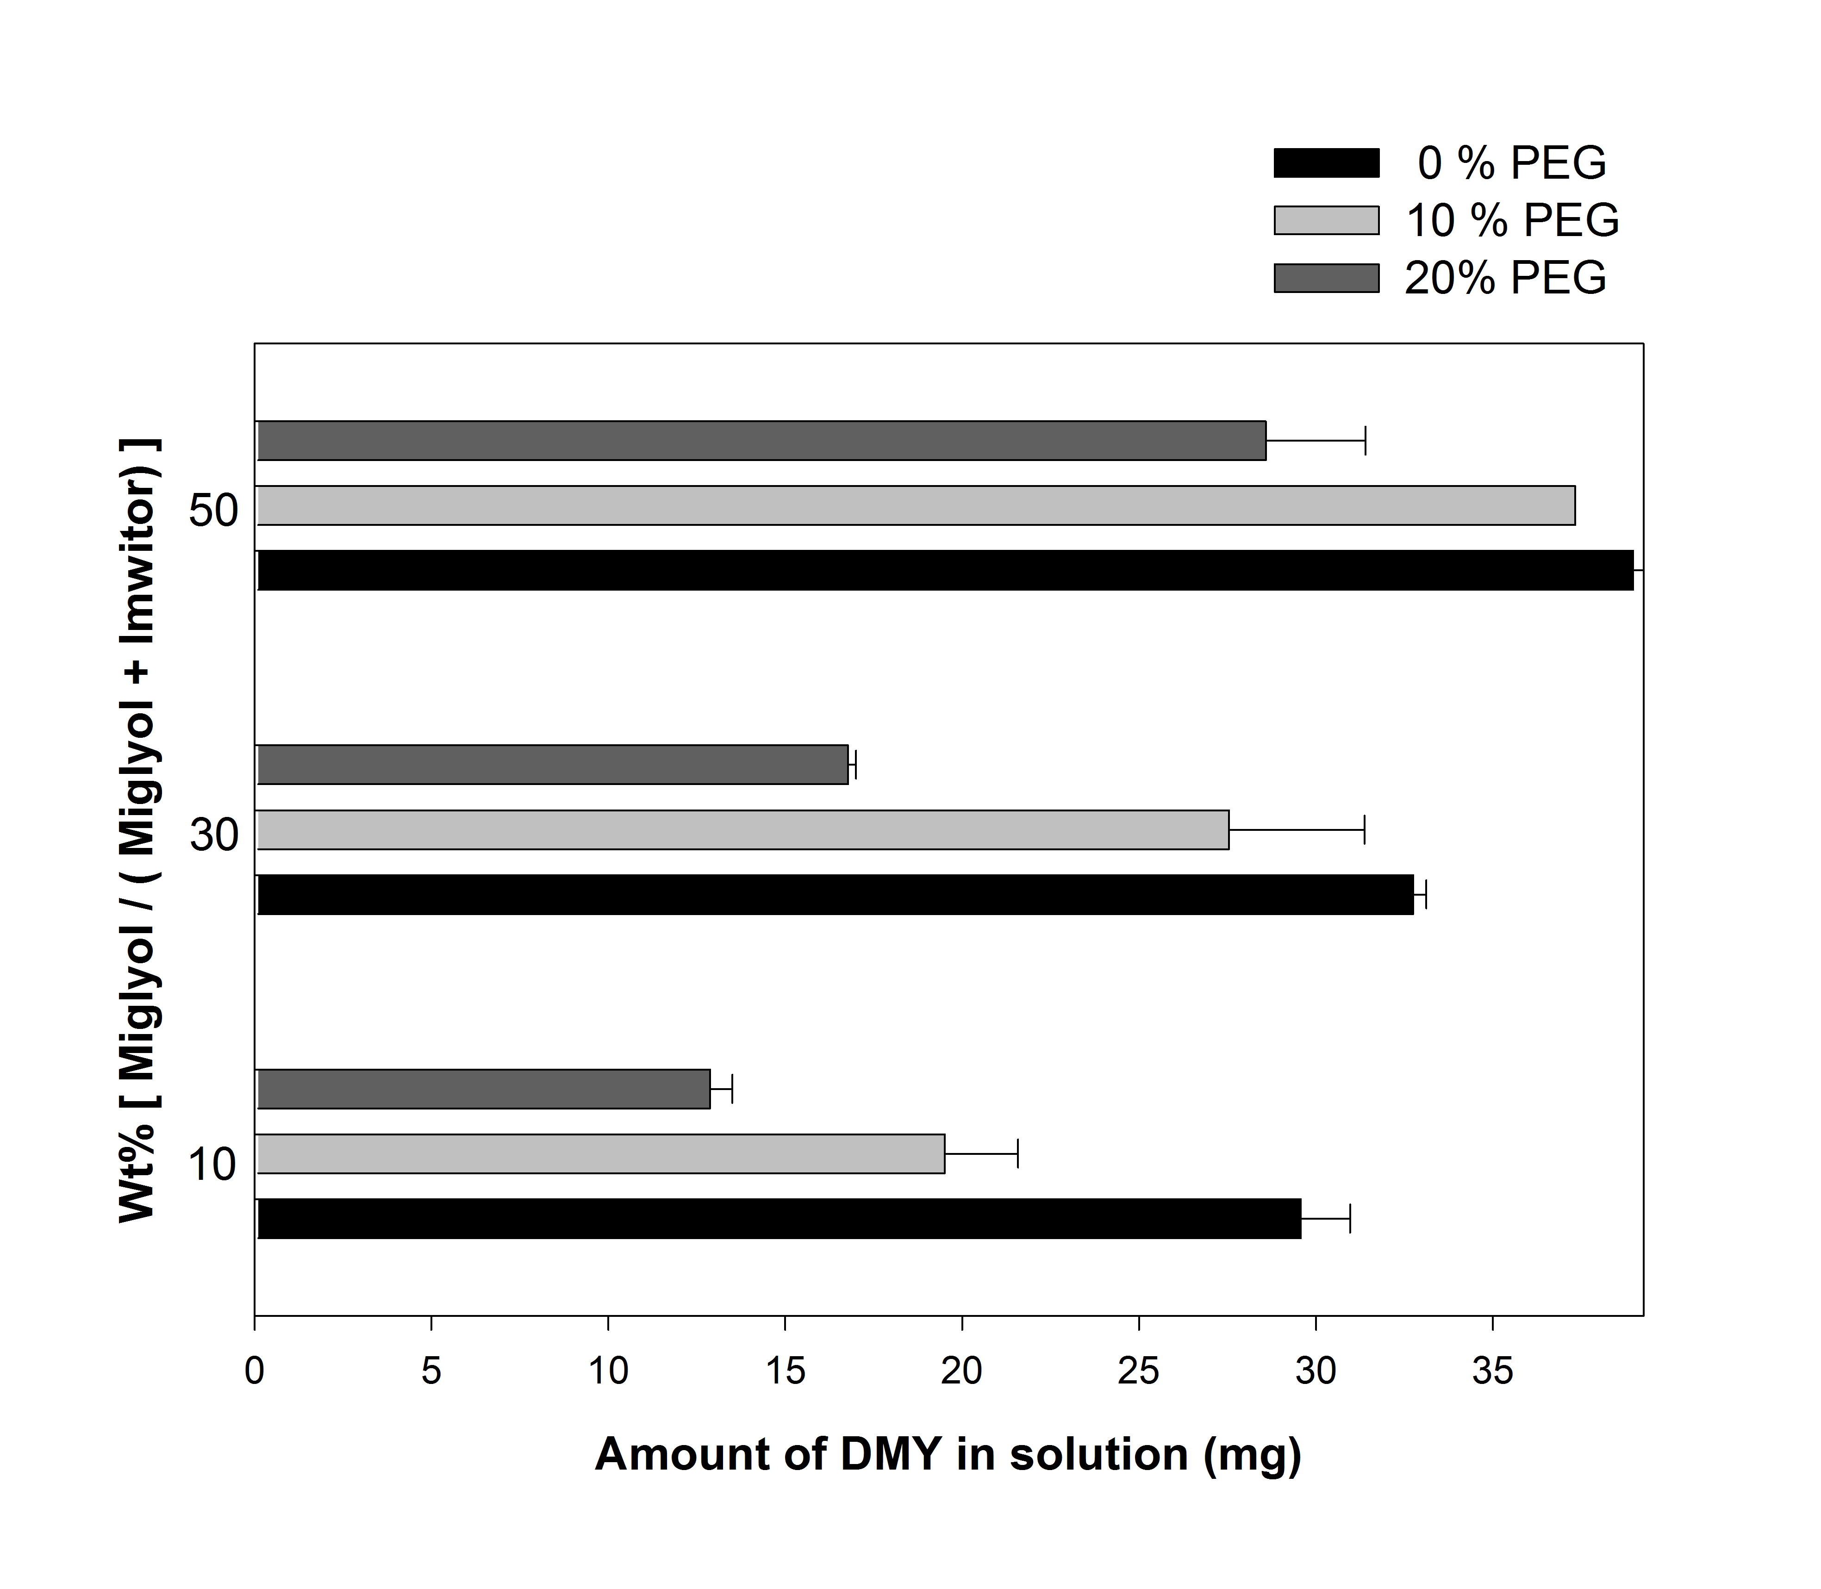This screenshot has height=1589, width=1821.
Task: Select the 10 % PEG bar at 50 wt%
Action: (915, 505)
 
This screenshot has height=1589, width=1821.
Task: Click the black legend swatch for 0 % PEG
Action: (1326, 163)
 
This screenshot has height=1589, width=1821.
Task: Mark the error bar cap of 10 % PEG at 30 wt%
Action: (1364, 830)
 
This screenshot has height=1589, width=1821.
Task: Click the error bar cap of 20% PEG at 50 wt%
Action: (1365, 441)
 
